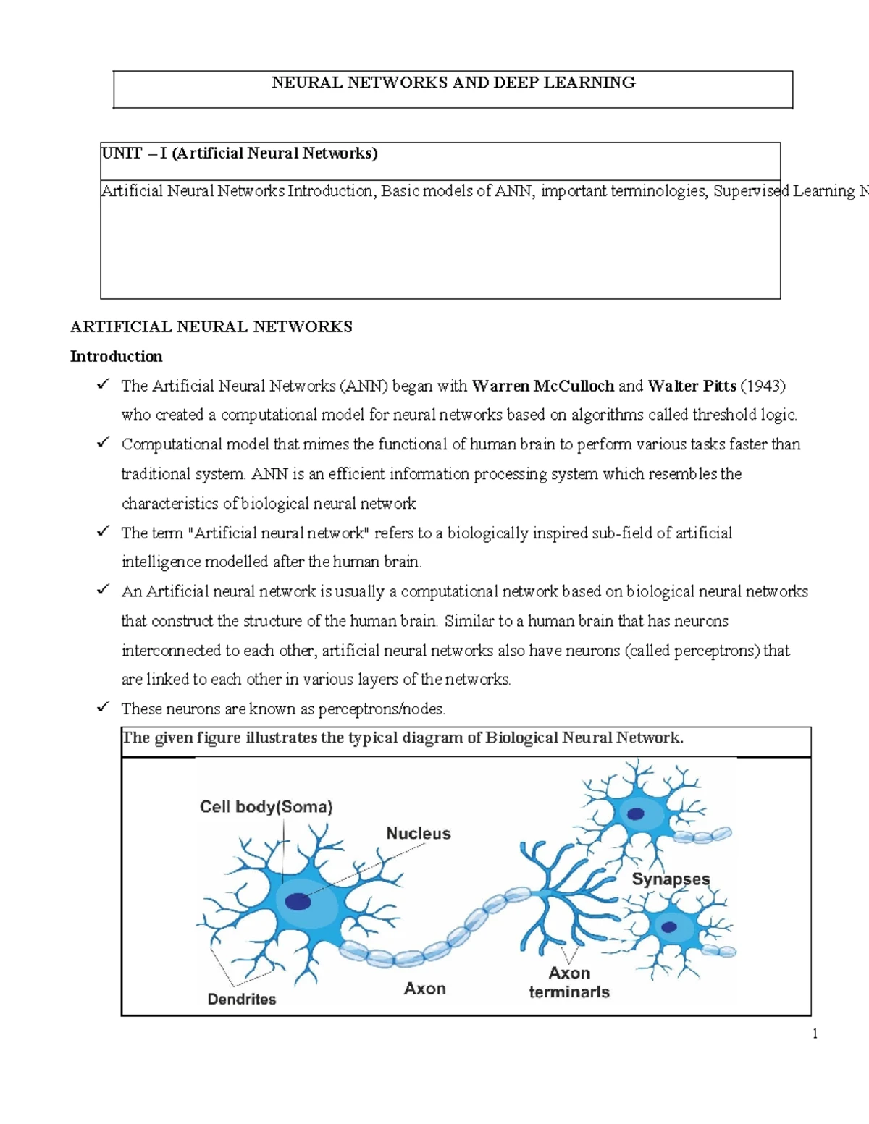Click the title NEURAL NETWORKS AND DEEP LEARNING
click(x=453, y=83)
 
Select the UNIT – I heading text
click(x=239, y=153)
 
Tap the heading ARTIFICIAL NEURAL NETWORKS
click(x=211, y=327)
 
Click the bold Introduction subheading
click(x=116, y=356)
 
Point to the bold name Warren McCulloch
click(x=542, y=386)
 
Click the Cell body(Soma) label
click(x=266, y=807)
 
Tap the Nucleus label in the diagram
click(x=418, y=834)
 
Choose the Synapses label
click(x=671, y=879)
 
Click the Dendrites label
click(x=242, y=1000)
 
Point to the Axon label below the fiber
click(x=424, y=989)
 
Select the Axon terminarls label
click(x=569, y=983)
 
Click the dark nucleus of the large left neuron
click(x=298, y=902)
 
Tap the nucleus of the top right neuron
click(x=635, y=814)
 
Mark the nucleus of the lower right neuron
click(x=669, y=927)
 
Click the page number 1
click(x=815, y=1034)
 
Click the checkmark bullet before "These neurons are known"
click(x=103, y=707)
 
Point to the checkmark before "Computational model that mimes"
click(x=103, y=442)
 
